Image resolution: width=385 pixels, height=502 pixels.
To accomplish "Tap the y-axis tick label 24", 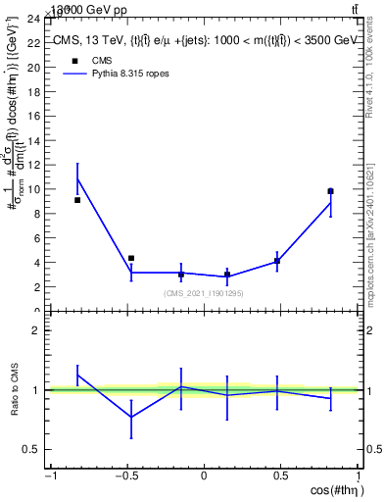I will tap(33, 19).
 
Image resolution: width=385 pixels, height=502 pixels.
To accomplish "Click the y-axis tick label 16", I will tap(33, 116).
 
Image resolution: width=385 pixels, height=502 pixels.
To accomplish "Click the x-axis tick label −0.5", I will tap(125, 477).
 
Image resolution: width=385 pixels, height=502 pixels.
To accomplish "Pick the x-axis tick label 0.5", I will tap(281, 477).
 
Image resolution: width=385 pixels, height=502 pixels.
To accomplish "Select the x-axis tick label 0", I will tap(204, 477).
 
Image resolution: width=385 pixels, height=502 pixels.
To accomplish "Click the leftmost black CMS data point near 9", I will tap(77, 200).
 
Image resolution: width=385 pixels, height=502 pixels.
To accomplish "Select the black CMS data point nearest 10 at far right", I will tap(331, 191).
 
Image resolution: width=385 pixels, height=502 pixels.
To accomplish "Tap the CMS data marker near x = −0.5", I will tap(131, 258).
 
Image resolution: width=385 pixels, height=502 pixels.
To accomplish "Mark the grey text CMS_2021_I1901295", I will tap(204, 293).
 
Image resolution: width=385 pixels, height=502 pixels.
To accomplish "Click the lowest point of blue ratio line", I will tap(131, 417).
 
